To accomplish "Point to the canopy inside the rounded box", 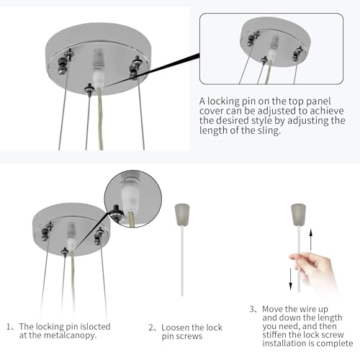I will pyautogui.click(x=271, y=40).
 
